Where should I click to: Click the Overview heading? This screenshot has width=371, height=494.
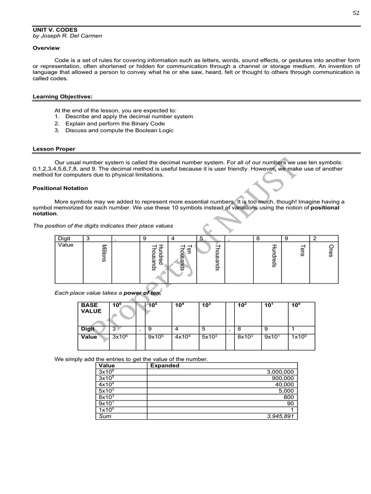tap(46, 48)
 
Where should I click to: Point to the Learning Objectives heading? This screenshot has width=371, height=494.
tap(62, 96)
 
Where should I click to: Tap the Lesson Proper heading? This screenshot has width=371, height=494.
tap(54, 149)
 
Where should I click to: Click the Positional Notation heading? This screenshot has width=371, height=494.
tap(60, 188)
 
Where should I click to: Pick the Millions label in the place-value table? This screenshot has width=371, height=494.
tap(103, 253)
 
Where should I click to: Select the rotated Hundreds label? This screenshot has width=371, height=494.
tap(273, 256)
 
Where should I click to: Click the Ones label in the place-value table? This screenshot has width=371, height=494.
tap(330, 250)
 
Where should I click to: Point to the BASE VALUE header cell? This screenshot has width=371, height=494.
tap(91, 308)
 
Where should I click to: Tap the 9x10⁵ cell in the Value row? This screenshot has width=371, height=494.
tap(154, 337)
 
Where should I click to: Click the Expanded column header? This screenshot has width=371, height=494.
tap(165, 366)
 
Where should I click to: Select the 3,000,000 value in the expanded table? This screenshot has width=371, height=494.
tap(280, 372)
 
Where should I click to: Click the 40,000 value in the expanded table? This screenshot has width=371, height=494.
tap(284, 384)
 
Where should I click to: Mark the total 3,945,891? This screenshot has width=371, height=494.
tap(280, 416)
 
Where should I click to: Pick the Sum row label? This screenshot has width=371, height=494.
tap(105, 416)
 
